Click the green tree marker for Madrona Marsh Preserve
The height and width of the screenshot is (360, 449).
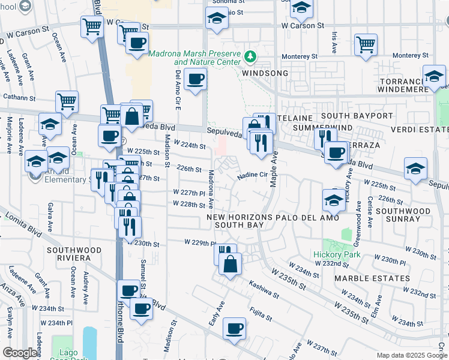click(250, 58)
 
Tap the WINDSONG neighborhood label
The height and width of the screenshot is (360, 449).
click(265, 73)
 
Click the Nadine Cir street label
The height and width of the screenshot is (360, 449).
click(252, 175)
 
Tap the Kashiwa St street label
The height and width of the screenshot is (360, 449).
click(264, 291)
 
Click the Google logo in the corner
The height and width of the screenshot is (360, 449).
click(20, 352)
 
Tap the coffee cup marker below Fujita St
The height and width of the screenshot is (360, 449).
click(235, 328)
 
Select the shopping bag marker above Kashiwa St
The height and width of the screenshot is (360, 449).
click(230, 263)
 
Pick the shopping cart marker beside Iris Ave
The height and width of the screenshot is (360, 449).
click(366, 44)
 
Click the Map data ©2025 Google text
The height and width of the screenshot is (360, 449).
click(411, 355)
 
